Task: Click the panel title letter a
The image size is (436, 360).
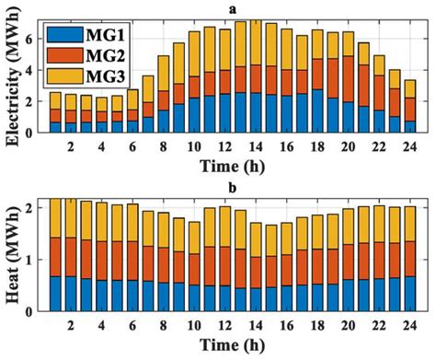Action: tap(233, 7)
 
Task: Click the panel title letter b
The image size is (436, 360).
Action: tap(233, 188)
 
